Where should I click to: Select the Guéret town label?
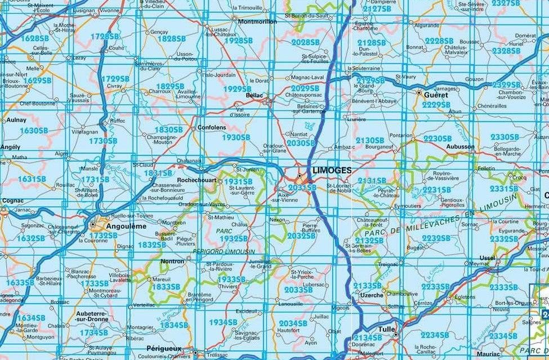436,95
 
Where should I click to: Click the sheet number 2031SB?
302,188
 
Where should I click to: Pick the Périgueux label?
164,349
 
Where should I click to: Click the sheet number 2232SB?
436,238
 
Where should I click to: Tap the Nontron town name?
172,261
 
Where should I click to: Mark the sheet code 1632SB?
31,238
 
